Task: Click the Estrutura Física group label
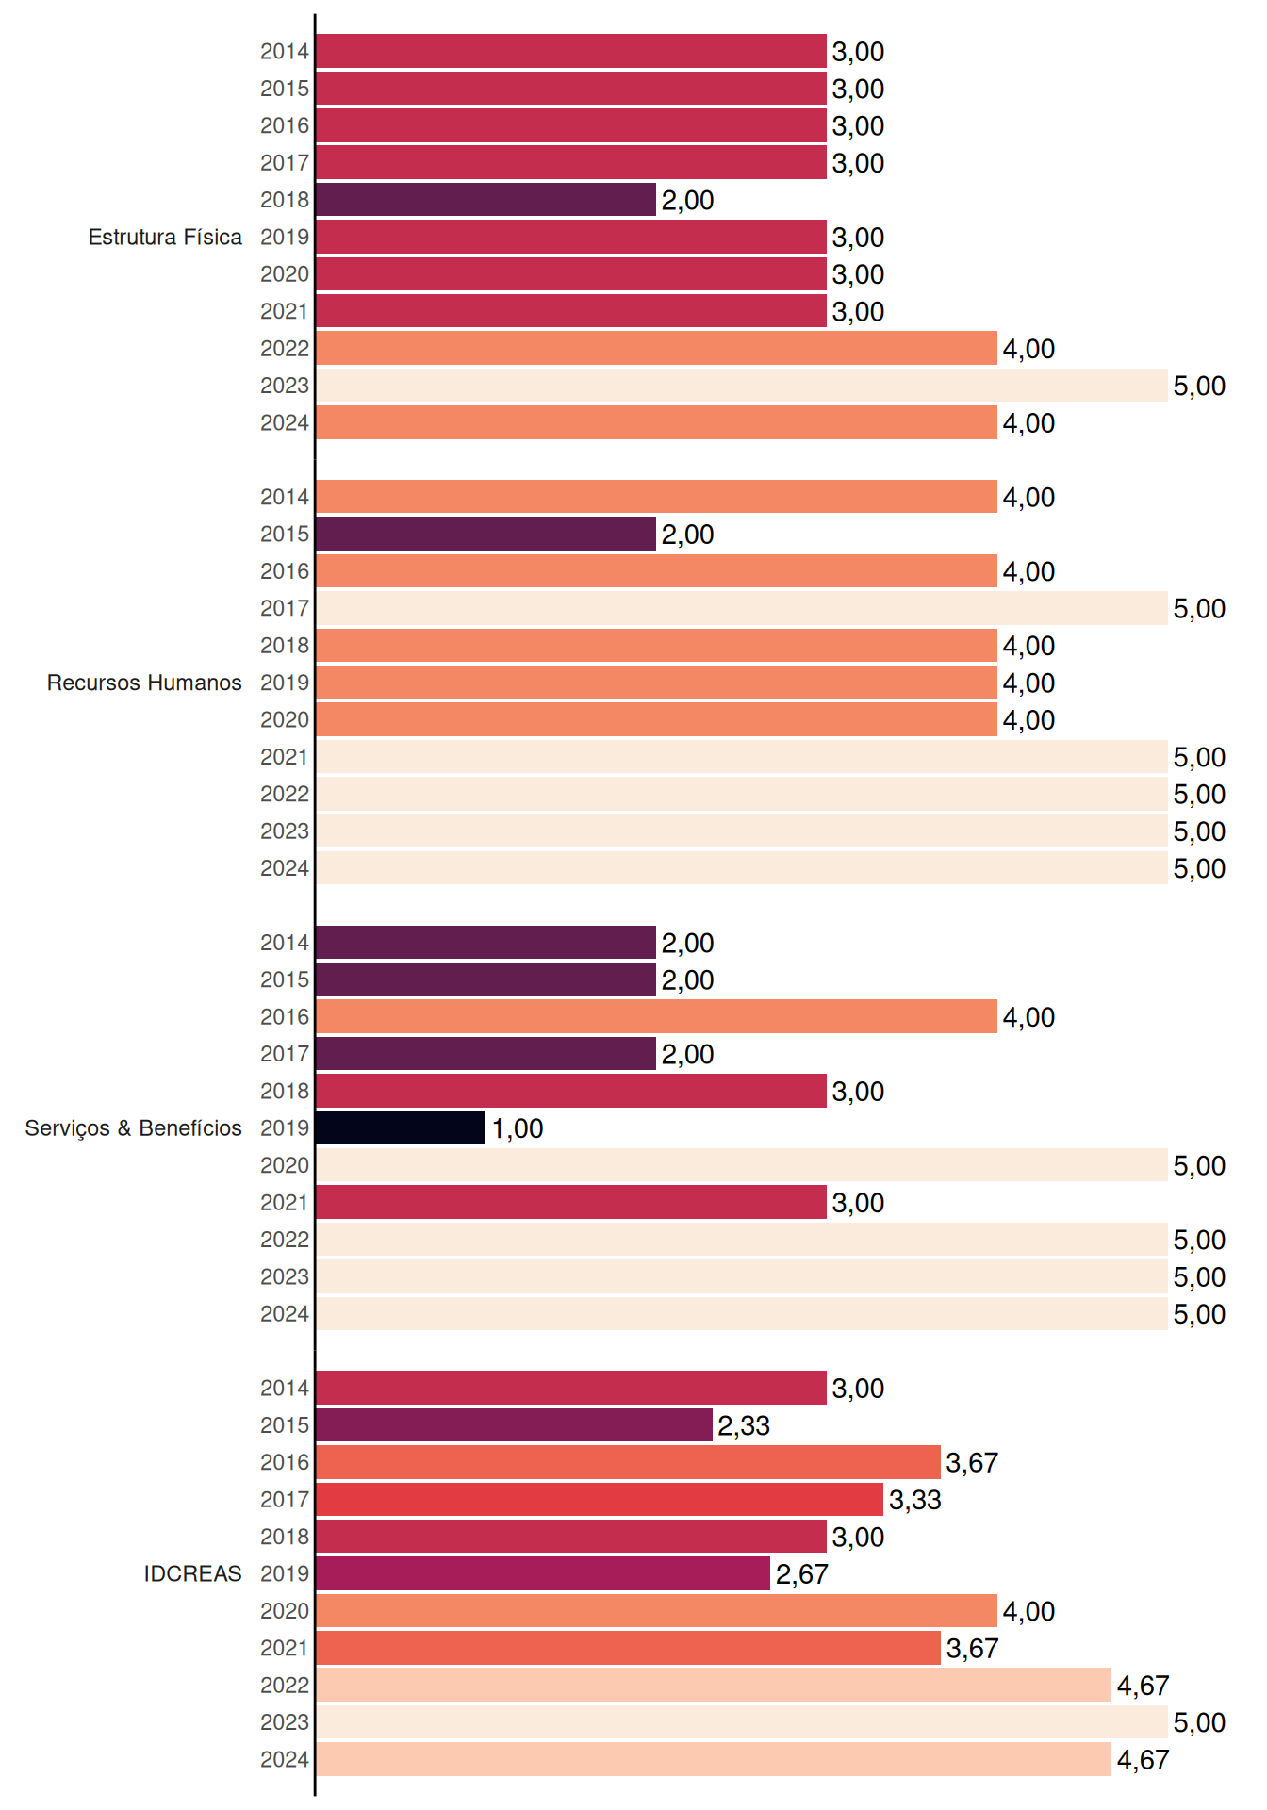click(165, 237)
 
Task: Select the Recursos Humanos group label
click(144, 683)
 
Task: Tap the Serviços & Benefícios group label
click(133, 1128)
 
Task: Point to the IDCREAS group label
click(192, 1573)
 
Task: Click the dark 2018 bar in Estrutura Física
click(485, 200)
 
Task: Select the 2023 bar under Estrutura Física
click(741, 386)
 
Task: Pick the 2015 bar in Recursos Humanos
click(485, 534)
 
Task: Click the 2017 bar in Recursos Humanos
click(741, 608)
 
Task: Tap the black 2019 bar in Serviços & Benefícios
click(401, 1128)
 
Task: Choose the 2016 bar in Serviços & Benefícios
click(656, 1016)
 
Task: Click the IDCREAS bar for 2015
click(514, 1425)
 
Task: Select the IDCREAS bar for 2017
click(600, 1499)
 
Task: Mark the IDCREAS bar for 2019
click(543, 1573)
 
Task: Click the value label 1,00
click(518, 1129)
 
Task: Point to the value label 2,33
click(744, 1426)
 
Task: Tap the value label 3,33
click(915, 1500)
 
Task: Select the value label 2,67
click(801, 1574)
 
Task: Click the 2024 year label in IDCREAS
click(285, 1760)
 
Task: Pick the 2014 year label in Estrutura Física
click(285, 52)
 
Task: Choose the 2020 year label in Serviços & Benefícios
click(285, 1165)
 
